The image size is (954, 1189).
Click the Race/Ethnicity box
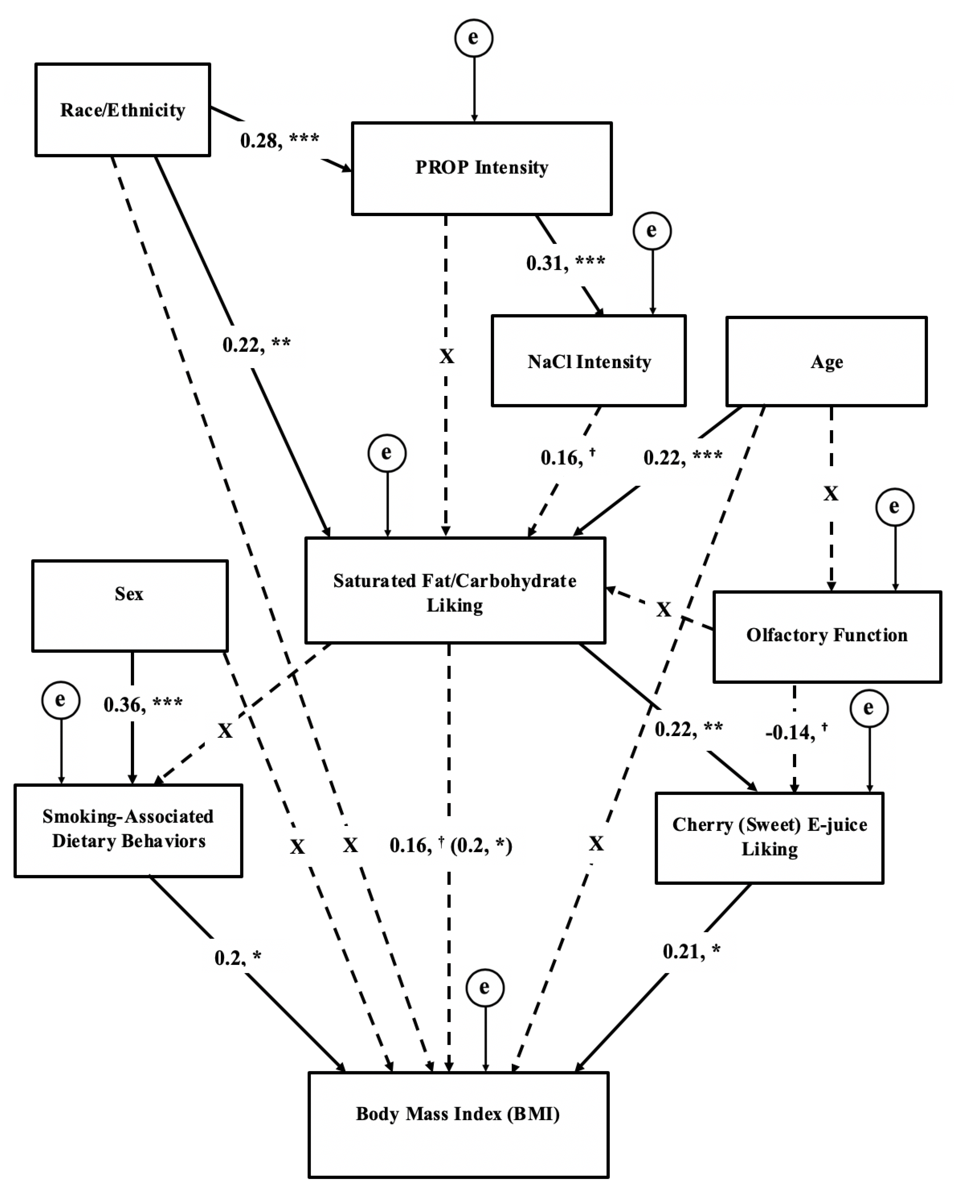pos(123,110)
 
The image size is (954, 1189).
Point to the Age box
pos(826,362)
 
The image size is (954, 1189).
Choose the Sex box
pos(130,606)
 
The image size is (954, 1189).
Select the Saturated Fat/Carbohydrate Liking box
pos(455,590)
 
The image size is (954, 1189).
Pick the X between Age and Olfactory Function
pos(830,493)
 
